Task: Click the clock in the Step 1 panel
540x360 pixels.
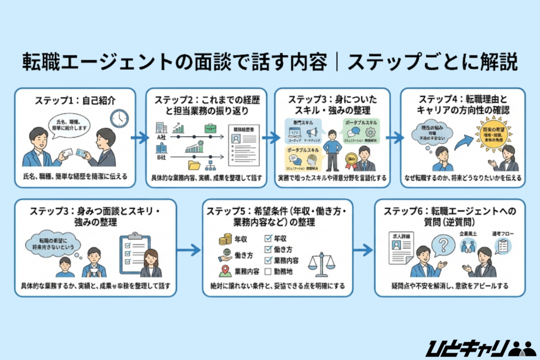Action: (x=119, y=118)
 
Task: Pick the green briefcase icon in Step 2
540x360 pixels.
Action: (x=210, y=128)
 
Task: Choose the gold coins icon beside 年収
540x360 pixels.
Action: (x=226, y=239)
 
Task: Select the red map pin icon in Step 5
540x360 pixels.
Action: (x=226, y=271)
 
